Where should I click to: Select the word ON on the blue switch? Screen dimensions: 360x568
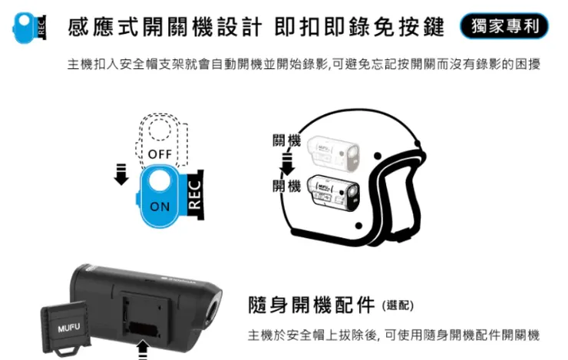(160, 206)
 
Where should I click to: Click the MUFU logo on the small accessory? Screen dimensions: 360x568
(67, 329)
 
